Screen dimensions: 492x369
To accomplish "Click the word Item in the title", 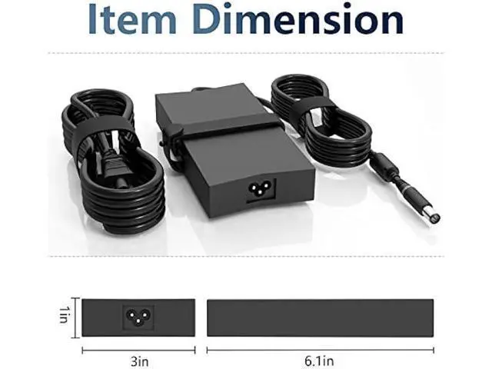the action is [x=132, y=18].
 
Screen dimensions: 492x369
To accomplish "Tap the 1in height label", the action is [x=64, y=314].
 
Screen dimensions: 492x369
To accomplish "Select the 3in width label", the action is [x=139, y=361].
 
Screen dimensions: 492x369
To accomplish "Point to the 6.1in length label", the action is [x=319, y=361].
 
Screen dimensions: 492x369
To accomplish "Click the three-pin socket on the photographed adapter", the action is [x=259, y=189].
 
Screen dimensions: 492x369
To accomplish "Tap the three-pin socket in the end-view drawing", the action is [x=138, y=317].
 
